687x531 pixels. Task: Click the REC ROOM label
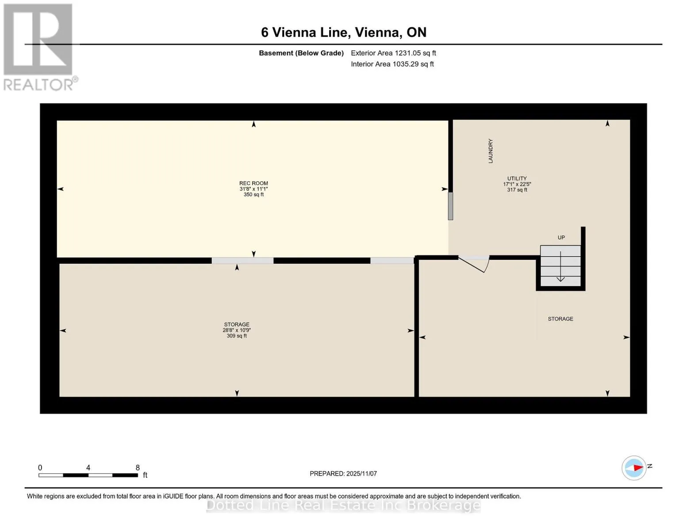click(253, 183)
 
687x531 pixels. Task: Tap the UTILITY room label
click(517, 178)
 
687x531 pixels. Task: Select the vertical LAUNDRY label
click(490, 151)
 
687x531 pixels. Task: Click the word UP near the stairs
click(561, 238)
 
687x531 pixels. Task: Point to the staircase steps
click(560, 265)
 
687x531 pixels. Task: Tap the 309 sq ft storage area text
click(237, 336)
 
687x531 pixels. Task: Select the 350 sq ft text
click(253, 195)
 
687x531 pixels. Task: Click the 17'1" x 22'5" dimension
click(517, 184)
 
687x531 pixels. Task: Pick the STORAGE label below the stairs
click(560, 319)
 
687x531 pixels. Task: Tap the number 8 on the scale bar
click(138, 468)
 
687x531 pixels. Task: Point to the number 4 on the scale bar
click(88, 468)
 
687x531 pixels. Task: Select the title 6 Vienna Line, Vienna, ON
click(344, 32)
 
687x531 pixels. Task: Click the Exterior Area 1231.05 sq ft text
click(393, 53)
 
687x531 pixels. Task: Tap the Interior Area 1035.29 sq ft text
click(392, 64)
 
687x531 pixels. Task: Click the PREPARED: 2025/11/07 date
click(343, 473)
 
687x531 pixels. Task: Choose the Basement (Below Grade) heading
click(301, 53)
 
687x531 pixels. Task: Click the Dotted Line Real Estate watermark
click(343, 505)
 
